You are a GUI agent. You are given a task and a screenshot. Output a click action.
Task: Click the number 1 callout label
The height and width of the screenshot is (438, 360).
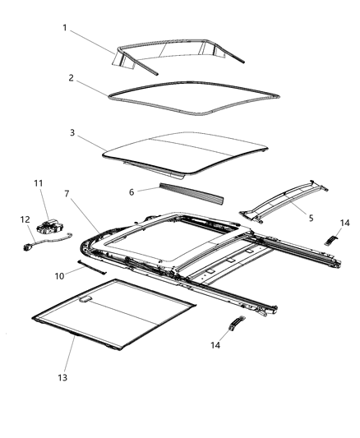(64, 27)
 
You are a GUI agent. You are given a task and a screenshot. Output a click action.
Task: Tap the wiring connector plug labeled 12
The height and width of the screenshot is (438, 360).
(31, 244)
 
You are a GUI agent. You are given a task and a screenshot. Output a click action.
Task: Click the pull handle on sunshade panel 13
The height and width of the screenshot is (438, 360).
(85, 301)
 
